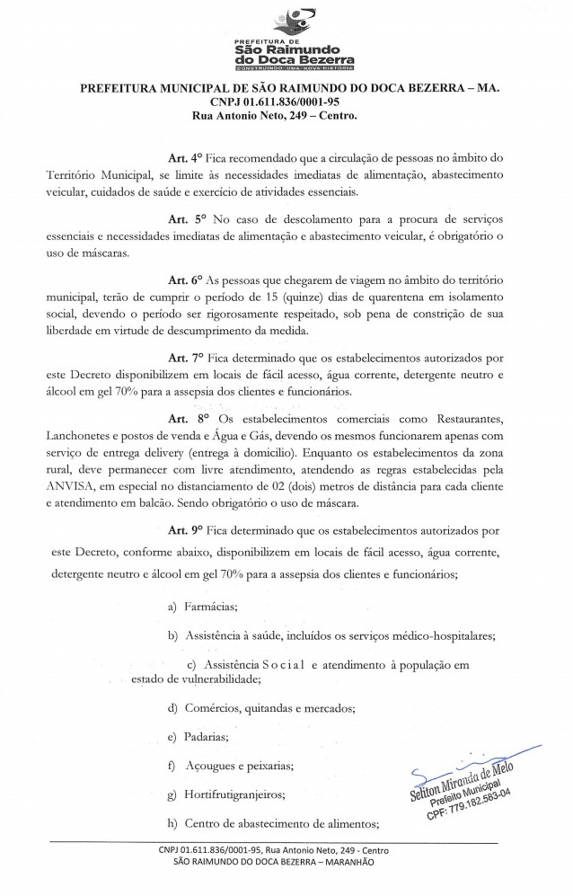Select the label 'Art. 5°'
(189, 220)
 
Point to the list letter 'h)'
(173, 823)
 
